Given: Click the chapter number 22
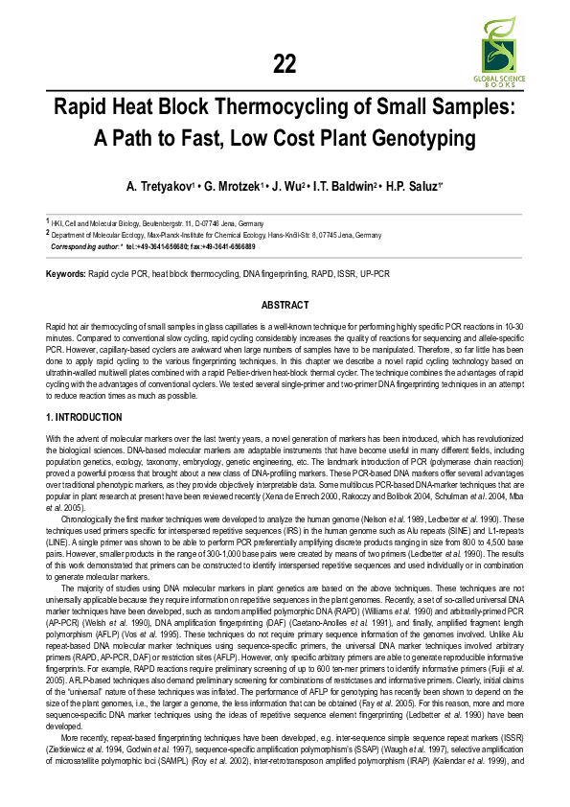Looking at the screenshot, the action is click(x=285, y=64).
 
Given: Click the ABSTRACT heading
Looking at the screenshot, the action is click(x=285, y=305).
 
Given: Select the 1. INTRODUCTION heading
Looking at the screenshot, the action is click(x=84, y=418).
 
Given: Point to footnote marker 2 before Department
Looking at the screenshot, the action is click(x=48, y=232).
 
